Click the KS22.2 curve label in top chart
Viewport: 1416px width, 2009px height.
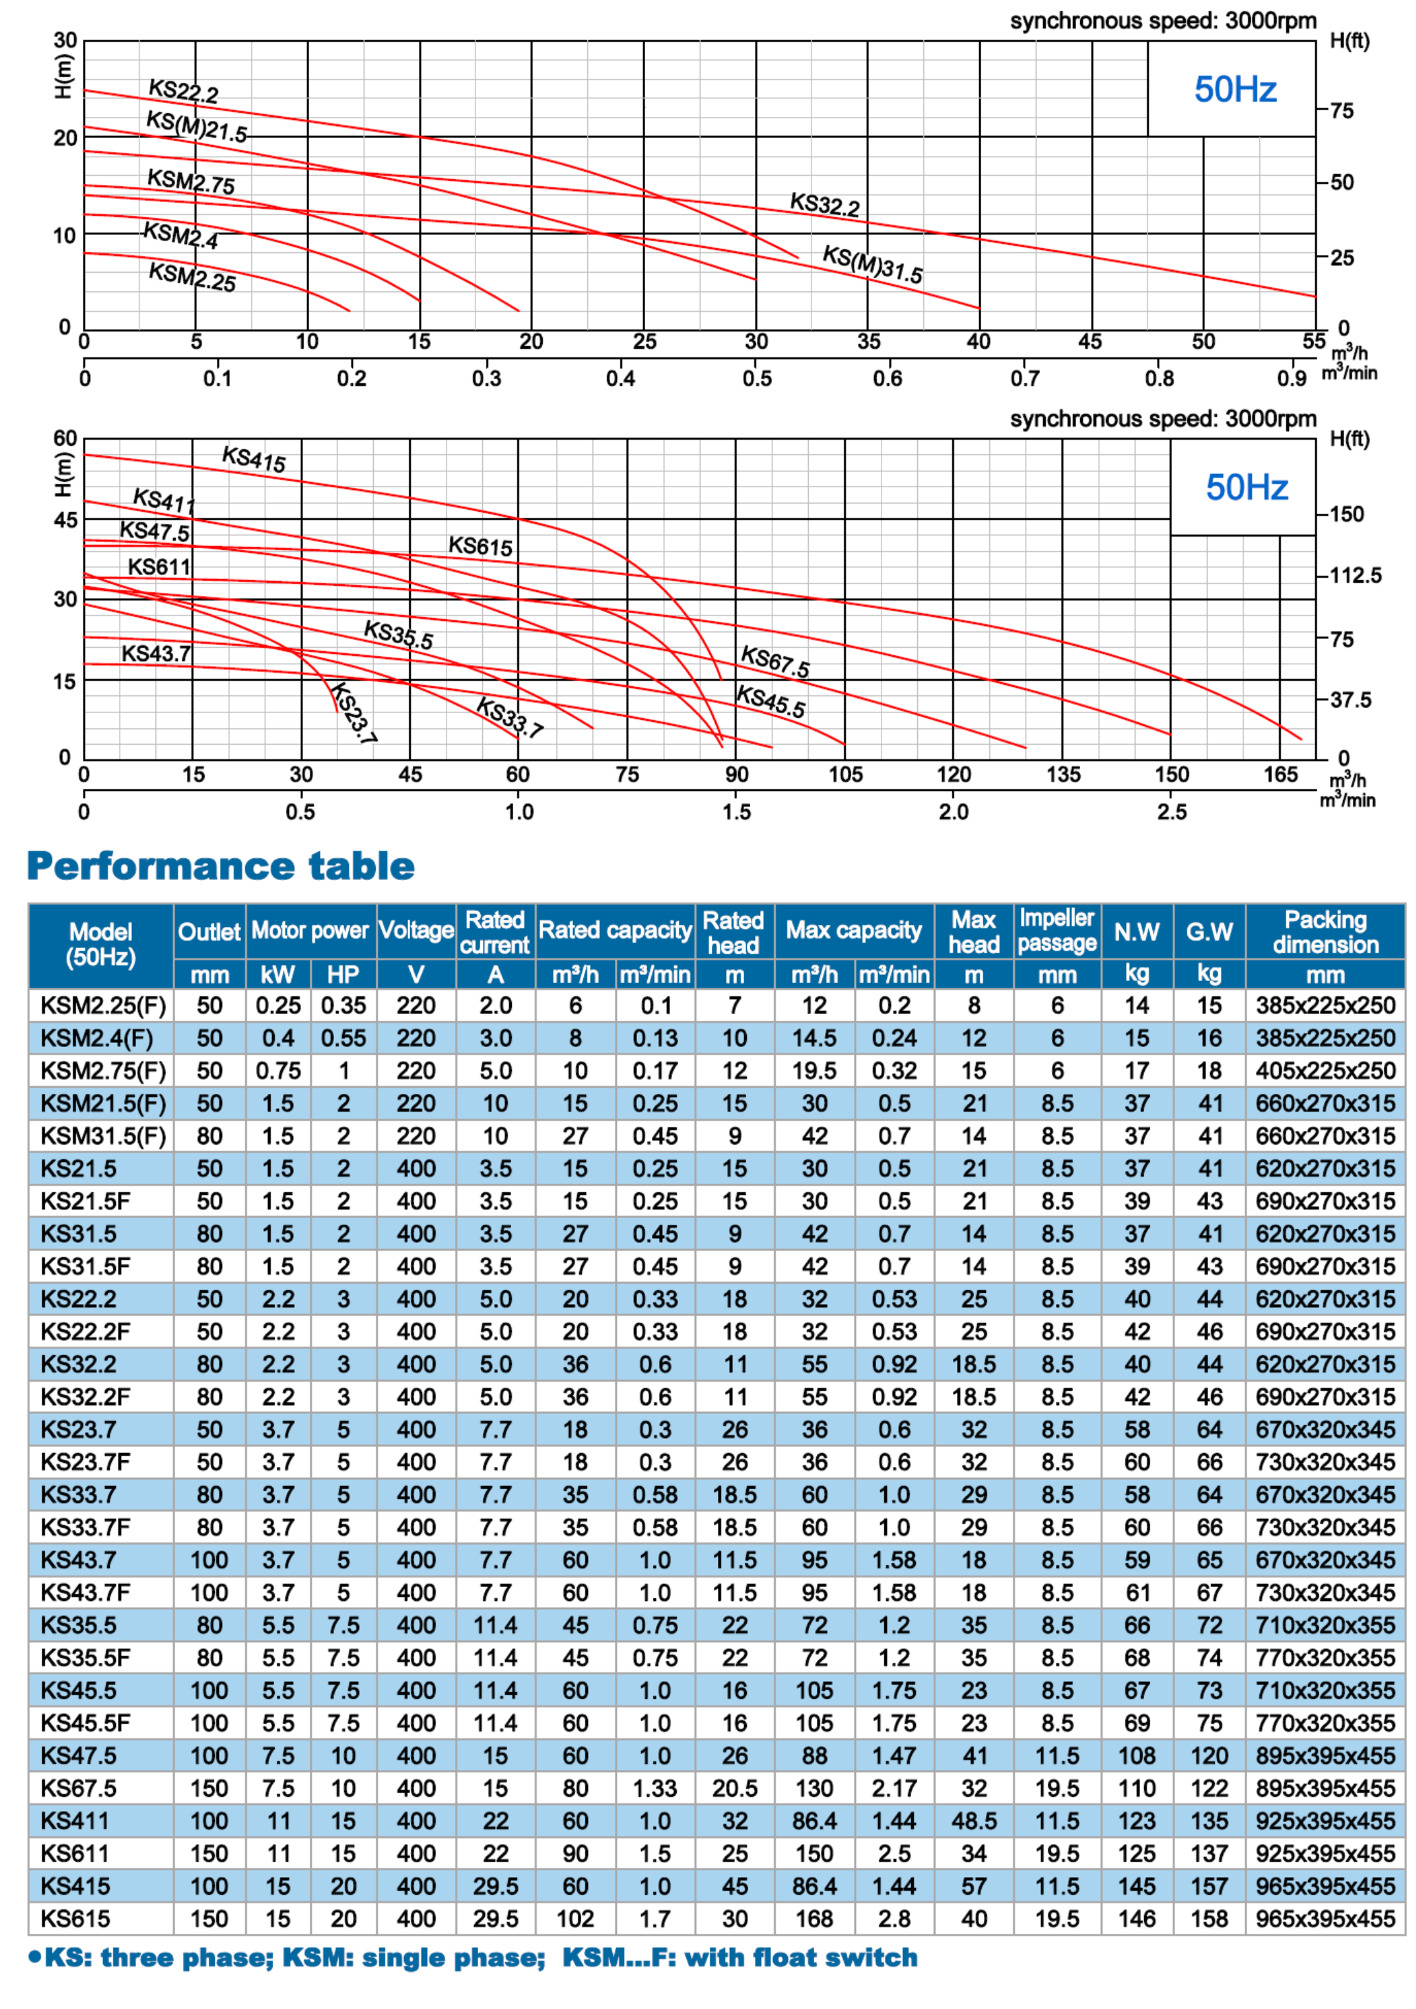(183, 90)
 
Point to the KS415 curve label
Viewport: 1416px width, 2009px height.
(254, 458)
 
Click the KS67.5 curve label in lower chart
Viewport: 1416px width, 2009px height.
(774, 661)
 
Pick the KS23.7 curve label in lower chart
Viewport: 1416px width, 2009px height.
(355, 712)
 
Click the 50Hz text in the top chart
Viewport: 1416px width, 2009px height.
(1235, 89)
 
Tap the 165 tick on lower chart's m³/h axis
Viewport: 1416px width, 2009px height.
(1279, 774)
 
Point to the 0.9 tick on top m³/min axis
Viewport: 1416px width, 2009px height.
(1291, 379)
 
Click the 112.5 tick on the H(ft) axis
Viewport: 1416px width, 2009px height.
(1355, 576)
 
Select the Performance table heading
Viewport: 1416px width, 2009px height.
(221, 866)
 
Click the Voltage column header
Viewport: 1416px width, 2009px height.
(416, 930)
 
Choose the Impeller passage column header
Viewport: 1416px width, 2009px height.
(1056, 930)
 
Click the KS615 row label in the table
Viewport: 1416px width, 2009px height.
(76, 1919)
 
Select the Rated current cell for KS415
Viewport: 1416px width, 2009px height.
(495, 1887)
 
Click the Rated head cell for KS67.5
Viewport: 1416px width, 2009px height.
(734, 1788)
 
